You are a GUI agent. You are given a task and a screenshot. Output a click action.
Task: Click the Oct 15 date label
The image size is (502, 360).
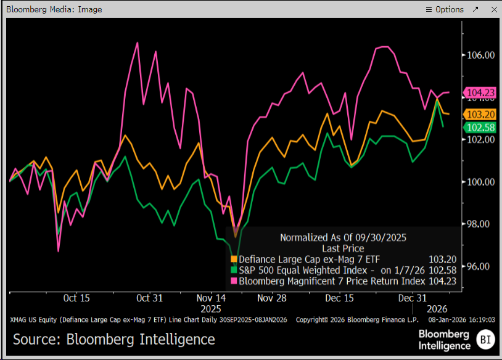(x=76, y=298)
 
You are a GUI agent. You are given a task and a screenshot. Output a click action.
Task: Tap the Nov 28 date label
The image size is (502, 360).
(x=272, y=298)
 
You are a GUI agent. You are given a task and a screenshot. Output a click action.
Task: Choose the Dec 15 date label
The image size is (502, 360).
(x=339, y=298)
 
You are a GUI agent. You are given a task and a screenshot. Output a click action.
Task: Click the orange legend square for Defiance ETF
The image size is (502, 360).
(x=234, y=260)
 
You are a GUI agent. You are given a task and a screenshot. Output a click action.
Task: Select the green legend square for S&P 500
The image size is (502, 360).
(x=234, y=270)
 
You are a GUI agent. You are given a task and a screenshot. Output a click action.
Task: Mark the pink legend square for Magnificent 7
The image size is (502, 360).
(x=234, y=281)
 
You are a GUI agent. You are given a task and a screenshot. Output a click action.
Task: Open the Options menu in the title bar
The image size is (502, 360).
(x=445, y=9)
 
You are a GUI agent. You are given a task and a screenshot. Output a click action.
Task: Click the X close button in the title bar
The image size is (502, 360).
(x=492, y=9)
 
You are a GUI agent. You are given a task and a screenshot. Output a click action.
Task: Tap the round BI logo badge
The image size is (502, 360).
(x=486, y=339)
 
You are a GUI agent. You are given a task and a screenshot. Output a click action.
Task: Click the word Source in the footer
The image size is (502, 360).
(x=36, y=340)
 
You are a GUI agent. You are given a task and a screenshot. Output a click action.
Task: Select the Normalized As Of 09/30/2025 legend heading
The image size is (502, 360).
(x=343, y=237)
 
